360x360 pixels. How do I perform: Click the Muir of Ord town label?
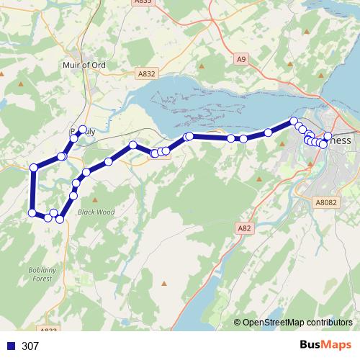coord(84,65)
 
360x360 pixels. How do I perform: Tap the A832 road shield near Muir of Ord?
coord(147,73)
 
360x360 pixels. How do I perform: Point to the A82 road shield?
coord(244,228)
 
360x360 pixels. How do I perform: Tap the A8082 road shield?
coord(326,204)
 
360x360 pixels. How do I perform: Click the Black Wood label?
coord(96,212)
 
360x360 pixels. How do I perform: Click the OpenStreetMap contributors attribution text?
coord(297,323)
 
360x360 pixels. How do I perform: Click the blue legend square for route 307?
coord(10,346)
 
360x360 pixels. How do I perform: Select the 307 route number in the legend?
coord(30,346)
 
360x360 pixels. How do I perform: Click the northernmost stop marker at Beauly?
coord(83,130)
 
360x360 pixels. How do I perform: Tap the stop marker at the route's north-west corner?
coord(34,168)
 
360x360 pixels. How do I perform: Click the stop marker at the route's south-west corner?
coord(32,212)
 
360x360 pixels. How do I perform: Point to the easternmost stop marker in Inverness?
coord(328,136)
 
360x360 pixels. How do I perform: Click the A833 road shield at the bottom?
coord(49,330)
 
